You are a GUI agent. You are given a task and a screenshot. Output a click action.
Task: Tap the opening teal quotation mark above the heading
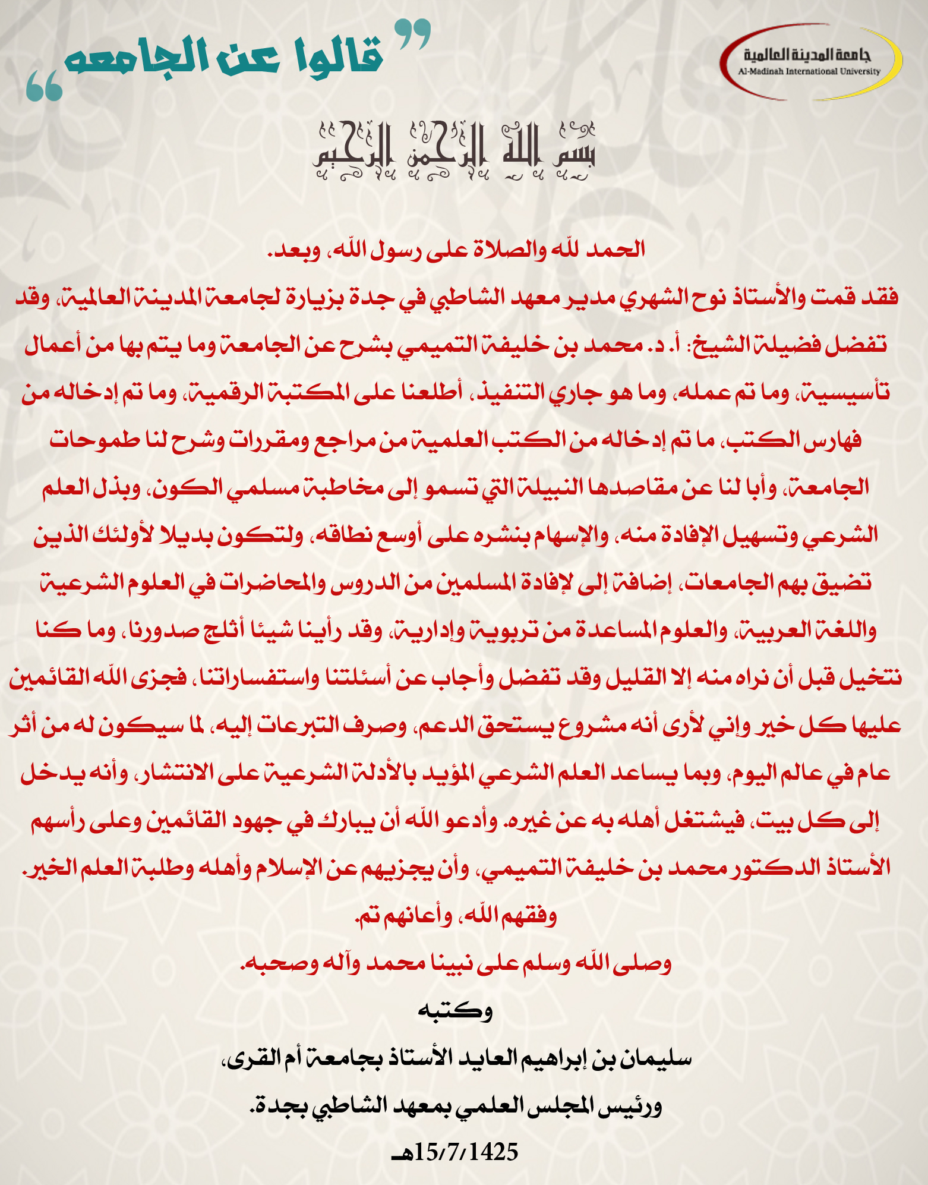tap(413, 34)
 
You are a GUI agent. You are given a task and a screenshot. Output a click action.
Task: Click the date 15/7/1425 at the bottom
tap(457, 1152)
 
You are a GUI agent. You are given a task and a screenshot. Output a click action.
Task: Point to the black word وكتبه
tap(456, 1010)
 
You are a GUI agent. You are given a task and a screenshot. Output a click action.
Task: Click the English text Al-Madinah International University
tap(809, 71)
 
